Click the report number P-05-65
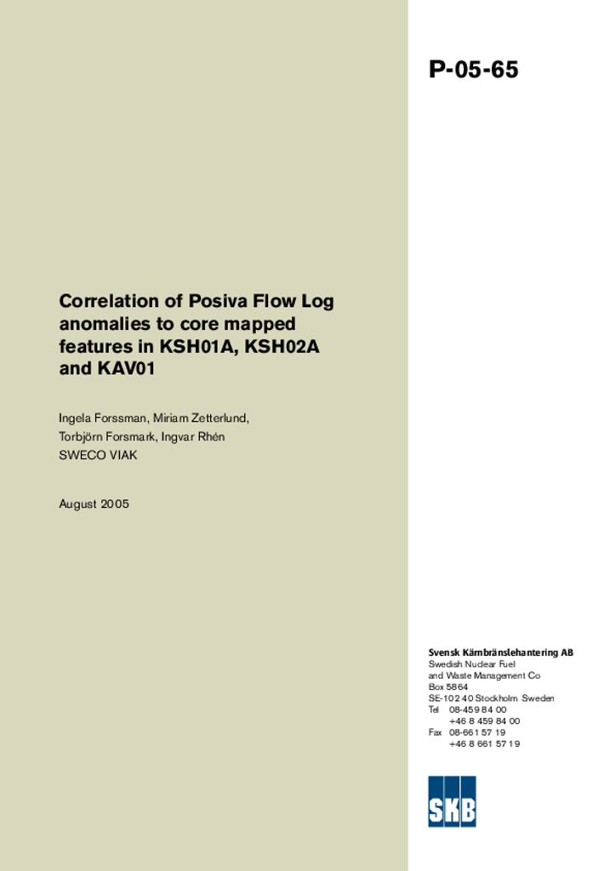473,70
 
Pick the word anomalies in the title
100,324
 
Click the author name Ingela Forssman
102,418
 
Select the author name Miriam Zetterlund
201,418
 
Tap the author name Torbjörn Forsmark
106,436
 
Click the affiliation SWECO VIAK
98,455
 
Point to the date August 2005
94,504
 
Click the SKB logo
452,800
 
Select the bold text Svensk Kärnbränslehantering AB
500,652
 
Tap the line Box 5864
448,686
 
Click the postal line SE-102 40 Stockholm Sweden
491,698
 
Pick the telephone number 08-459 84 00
477,709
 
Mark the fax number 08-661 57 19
476,732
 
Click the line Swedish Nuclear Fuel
471,663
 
